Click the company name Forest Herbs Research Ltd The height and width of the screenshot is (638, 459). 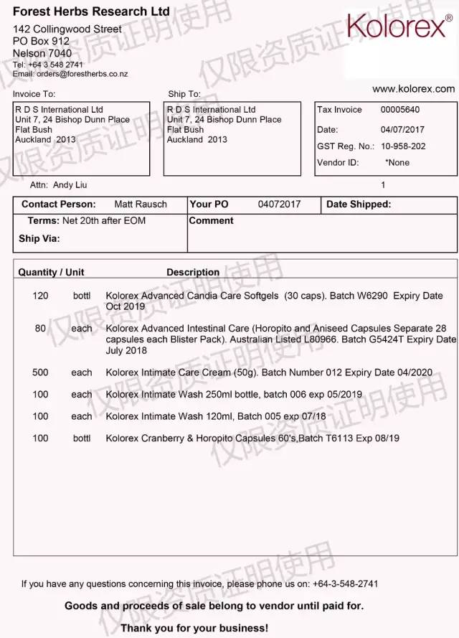pos(91,11)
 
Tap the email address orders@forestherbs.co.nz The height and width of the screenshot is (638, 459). pos(82,74)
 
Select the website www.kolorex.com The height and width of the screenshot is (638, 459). pos(413,89)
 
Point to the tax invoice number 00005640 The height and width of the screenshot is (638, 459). pos(400,110)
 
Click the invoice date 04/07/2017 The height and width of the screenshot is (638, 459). pos(402,130)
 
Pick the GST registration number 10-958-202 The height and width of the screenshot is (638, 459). pos(402,146)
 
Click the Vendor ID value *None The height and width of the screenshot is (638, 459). pos(397,163)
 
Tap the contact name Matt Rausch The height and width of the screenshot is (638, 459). pos(141,205)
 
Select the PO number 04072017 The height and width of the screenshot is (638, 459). pos(279,205)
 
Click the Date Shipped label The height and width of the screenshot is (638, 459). pos(359,205)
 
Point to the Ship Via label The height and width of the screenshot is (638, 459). pos(39,239)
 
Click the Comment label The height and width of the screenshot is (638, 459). pos(211,221)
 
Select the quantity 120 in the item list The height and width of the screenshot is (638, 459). pos(40,296)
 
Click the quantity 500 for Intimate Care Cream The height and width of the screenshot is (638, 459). pos(40,372)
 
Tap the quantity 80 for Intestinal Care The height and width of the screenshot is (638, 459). pos(40,329)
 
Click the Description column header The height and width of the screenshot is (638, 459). pos(193,273)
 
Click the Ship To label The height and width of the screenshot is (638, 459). pos(184,94)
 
